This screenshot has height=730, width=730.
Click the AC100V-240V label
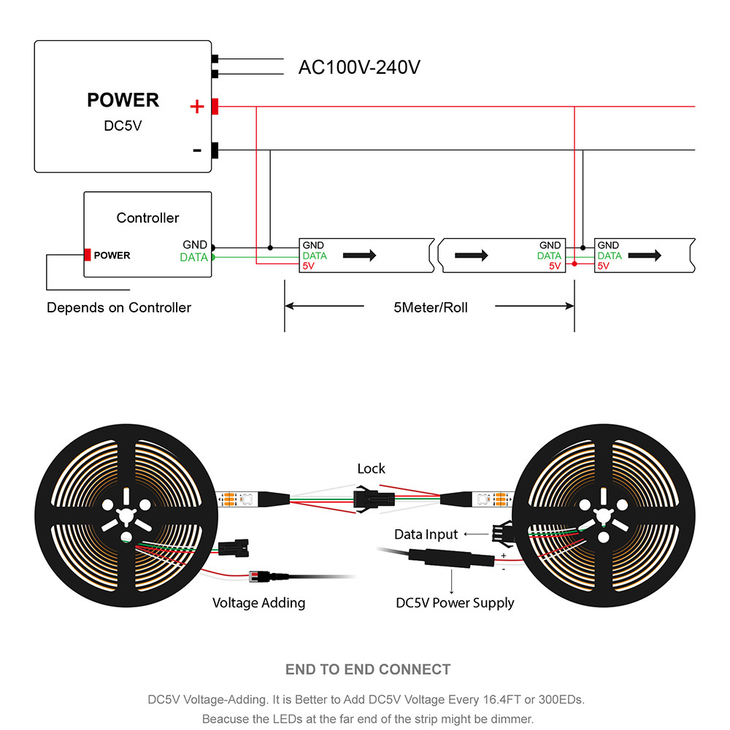pos(359,67)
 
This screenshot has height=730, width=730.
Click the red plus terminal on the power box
pos(215,107)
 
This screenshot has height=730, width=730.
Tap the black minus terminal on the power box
pos(215,150)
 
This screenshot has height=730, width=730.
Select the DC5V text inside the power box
pos(123,126)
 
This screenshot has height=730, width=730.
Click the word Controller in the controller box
pos(147,218)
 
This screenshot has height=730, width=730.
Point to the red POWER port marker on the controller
pos(88,255)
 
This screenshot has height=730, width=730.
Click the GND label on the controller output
pos(195,245)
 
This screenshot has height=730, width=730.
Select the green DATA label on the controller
pos(193,257)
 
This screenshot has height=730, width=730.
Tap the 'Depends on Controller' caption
pos(119,307)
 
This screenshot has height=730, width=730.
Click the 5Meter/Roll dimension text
pos(430,307)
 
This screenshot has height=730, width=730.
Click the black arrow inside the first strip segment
pos(359,255)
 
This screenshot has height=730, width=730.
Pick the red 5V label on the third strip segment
pos(604,266)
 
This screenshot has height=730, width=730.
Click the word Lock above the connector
pos(371,469)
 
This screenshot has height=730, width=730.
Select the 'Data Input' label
pos(426,534)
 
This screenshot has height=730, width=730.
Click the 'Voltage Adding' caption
pos(258,603)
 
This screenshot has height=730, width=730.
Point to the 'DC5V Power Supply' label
pos(455,603)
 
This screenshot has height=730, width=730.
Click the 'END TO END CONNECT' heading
pos(368,669)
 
